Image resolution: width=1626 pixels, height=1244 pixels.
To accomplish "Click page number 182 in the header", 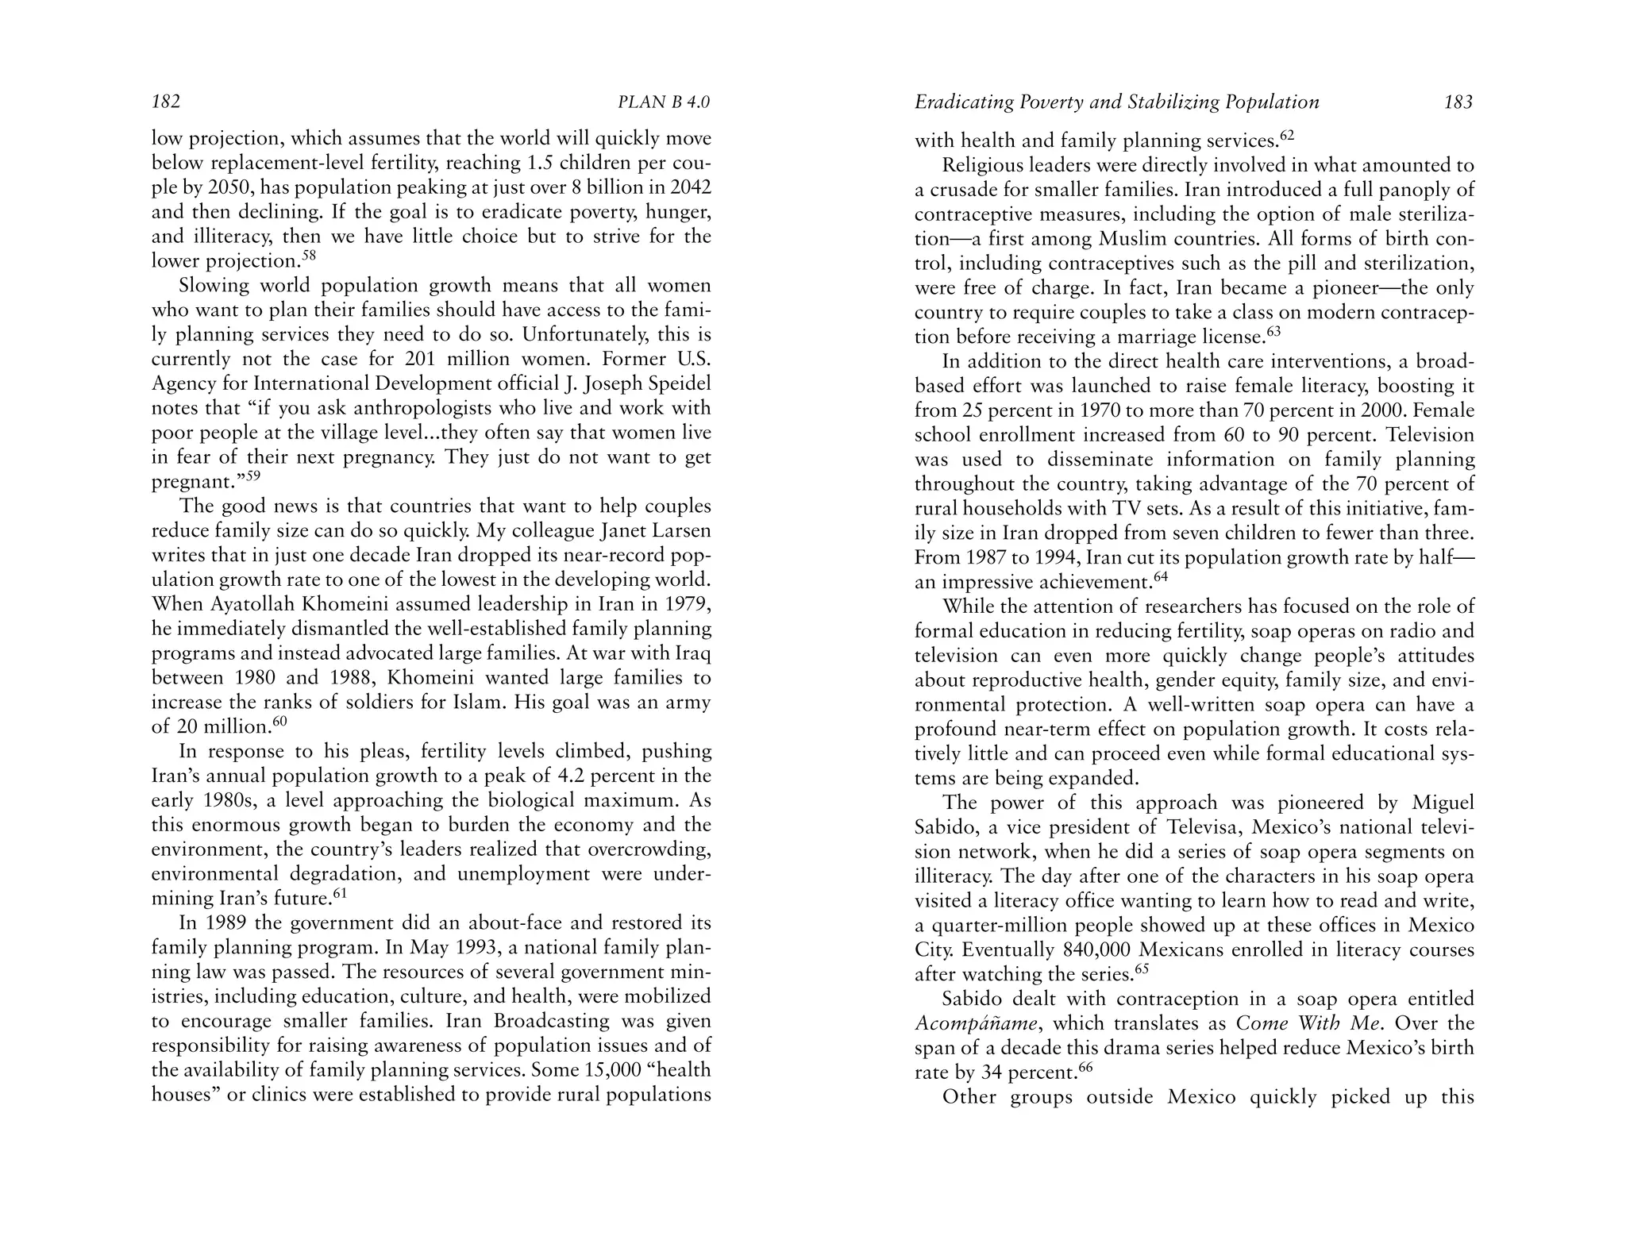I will [x=166, y=102].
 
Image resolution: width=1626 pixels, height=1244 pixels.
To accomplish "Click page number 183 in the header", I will [x=1458, y=102].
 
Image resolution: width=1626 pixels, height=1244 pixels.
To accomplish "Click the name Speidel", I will [x=680, y=383].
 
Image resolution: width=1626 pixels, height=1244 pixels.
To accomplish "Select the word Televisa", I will [x=1203, y=826].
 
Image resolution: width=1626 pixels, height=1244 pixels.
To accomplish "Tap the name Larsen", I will [x=680, y=531].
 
